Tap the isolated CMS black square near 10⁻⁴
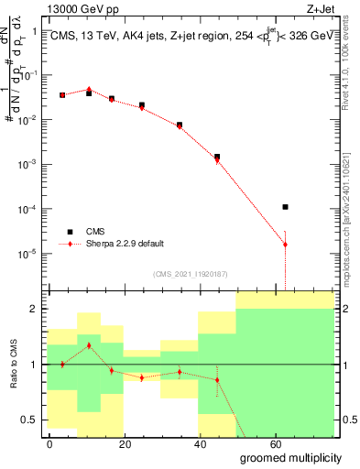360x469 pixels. (x=286, y=207)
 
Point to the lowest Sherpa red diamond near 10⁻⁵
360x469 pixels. (x=286, y=245)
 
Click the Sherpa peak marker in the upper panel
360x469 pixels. (x=89, y=89)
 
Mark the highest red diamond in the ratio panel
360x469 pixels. (x=89, y=345)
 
